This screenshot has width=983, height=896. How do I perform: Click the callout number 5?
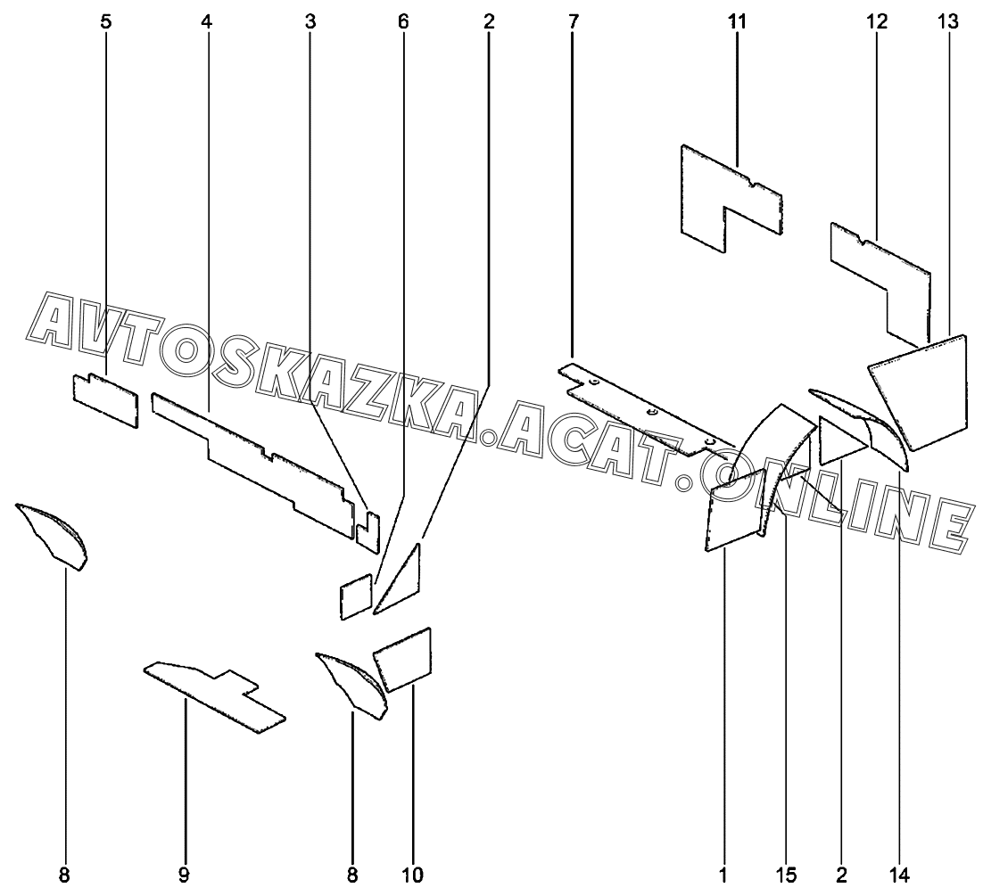point(106,21)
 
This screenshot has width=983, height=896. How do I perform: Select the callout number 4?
point(207,21)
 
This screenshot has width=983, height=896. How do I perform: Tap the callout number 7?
point(572,21)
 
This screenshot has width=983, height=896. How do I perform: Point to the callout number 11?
point(736,21)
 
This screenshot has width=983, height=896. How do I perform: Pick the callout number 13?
point(948,21)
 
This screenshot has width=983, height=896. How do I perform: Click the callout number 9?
point(184,875)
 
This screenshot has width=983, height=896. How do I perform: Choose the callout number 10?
point(413,875)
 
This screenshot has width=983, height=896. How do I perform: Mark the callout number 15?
point(786,875)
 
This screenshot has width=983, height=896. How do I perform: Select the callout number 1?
point(723,875)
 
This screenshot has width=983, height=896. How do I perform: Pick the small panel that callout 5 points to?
point(105,399)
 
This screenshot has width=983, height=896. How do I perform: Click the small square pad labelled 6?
point(355,596)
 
